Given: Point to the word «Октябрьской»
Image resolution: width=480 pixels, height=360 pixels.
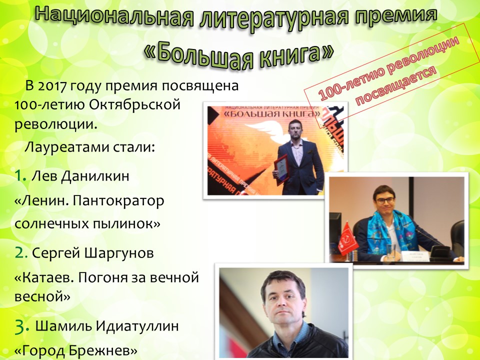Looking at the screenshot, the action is pyautogui.click(x=135, y=105).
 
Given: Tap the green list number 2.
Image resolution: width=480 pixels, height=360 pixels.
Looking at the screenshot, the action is pyautogui.click(x=21, y=252).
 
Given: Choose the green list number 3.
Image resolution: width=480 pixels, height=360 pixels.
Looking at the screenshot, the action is pyautogui.click(x=22, y=326).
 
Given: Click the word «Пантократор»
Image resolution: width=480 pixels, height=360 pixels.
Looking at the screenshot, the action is pyautogui.click(x=119, y=201).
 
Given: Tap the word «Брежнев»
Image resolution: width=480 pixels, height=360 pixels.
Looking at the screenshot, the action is pyautogui.click(x=102, y=350).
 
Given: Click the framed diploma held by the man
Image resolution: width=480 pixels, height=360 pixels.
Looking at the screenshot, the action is pyautogui.click(x=281, y=169).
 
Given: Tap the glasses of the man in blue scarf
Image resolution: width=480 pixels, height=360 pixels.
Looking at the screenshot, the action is pyautogui.click(x=385, y=200).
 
